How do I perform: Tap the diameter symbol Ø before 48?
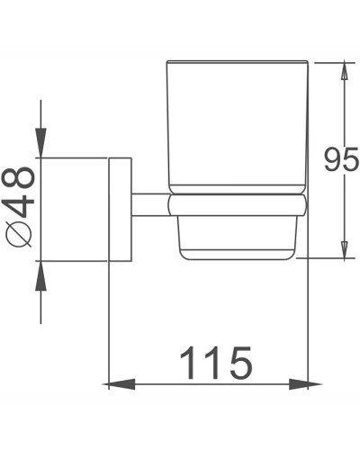[x=21, y=234]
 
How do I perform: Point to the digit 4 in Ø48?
[x=21, y=205]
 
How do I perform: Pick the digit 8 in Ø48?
[x=21, y=177]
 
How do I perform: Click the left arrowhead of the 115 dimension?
[x=114, y=384]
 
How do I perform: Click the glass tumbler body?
[x=236, y=126]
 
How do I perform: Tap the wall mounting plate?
[x=120, y=211]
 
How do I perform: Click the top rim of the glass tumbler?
[x=236, y=62]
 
